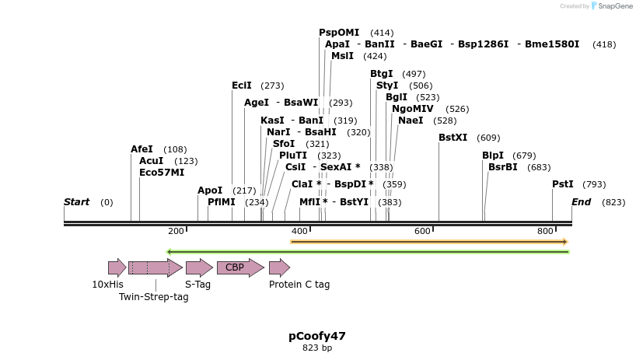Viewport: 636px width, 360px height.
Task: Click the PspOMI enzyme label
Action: [x=339, y=33]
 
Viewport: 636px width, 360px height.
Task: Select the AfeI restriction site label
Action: [x=142, y=149]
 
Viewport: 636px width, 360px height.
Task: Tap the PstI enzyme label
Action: [x=562, y=184]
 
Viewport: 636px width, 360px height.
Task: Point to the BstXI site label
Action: [x=453, y=138]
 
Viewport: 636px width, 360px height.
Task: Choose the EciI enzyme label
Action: [x=242, y=86]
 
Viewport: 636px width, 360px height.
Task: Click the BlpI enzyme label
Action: [x=493, y=156]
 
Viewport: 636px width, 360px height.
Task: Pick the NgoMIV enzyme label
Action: [x=412, y=109]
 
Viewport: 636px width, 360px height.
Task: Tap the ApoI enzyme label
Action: [x=210, y=190]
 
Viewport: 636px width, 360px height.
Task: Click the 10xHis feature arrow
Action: [x=117, y=268]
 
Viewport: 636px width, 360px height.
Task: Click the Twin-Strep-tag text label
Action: [x=153, y=297]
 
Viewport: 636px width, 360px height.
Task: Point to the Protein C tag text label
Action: [x=299, y=285]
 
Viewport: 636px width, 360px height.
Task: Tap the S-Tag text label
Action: [x=197, y=285]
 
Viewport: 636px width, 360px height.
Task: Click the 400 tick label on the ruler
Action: [x=299, y=232]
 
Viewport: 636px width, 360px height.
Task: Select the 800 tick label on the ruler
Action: [x=545, y=232]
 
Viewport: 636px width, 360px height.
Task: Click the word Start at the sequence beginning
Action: [x=76, y=202]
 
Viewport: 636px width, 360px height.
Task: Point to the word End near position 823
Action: [x=581, y=202]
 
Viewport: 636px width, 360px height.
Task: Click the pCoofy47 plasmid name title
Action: [x=317, y=337]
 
